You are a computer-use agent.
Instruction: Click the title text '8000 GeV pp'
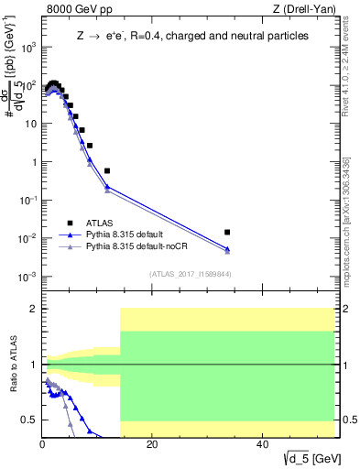coord(74,10)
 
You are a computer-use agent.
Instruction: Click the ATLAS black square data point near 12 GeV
coord(107,170)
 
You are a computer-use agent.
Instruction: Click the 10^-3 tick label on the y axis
coord(28,276)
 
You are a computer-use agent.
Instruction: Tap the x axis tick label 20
coord(151,444)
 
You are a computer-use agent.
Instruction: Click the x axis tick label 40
coord(261,444)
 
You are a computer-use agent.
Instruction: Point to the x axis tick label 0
coord(42,444)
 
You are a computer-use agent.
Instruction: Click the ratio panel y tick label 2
coord(35,309)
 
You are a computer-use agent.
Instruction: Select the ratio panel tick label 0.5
coord(31,420)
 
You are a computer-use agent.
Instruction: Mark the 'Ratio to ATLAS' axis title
coord(13,365)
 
